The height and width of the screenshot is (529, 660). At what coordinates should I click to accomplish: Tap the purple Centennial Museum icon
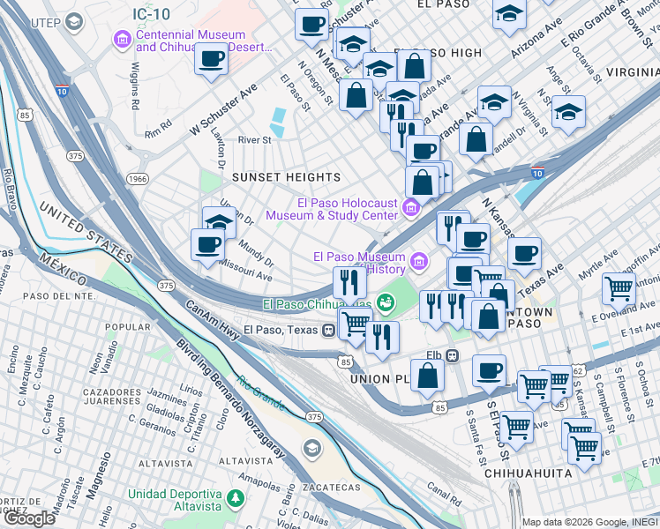(122, 40)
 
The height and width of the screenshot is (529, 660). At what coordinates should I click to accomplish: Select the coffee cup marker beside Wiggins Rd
(211, 60)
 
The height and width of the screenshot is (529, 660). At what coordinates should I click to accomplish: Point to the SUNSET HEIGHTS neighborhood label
(286, 177)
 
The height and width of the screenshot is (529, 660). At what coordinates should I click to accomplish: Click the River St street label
(254, 139)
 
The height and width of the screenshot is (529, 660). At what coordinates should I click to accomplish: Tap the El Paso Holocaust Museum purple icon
(410, 208)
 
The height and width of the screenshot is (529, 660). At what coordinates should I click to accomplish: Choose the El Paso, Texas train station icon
(328, 330)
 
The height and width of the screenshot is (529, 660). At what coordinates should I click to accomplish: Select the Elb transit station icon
(452, 355)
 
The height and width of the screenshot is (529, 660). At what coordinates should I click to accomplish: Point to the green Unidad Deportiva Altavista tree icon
(236, 500)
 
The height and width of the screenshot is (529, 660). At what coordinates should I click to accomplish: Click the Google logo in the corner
(29, 518)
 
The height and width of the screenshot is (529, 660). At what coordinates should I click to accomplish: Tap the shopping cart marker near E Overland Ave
(619, 287)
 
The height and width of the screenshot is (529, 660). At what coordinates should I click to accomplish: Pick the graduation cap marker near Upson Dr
(219, 221)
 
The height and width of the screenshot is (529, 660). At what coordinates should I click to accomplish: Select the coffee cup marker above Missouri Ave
(208, 244)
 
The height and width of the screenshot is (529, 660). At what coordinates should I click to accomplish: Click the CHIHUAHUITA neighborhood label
(528, 473)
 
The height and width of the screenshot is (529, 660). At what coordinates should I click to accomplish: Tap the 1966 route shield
(139, 178)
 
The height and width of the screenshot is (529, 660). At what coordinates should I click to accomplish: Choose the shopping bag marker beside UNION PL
(428, 375)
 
